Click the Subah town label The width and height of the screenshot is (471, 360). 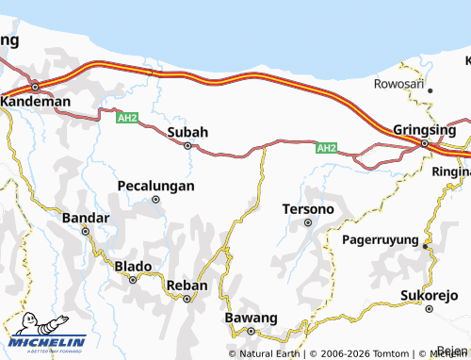coord(187,132)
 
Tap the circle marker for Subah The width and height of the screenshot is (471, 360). coord(187,146)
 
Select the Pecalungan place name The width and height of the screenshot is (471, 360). coord(156,186)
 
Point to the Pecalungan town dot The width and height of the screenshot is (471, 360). coord(156,200)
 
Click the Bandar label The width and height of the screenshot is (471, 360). coord(86,218)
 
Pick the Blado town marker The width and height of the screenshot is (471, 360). coord(133,280)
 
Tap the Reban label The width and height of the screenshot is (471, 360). coord(186,285)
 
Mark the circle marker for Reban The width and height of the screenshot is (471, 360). coord(187,299)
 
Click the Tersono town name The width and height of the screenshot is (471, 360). coord(308,208)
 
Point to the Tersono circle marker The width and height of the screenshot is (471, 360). coord(308,222)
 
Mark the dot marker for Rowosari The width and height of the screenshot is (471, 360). coord(430,90)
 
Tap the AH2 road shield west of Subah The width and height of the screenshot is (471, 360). coord(127,119)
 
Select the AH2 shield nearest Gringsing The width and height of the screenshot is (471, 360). coord(326,148)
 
